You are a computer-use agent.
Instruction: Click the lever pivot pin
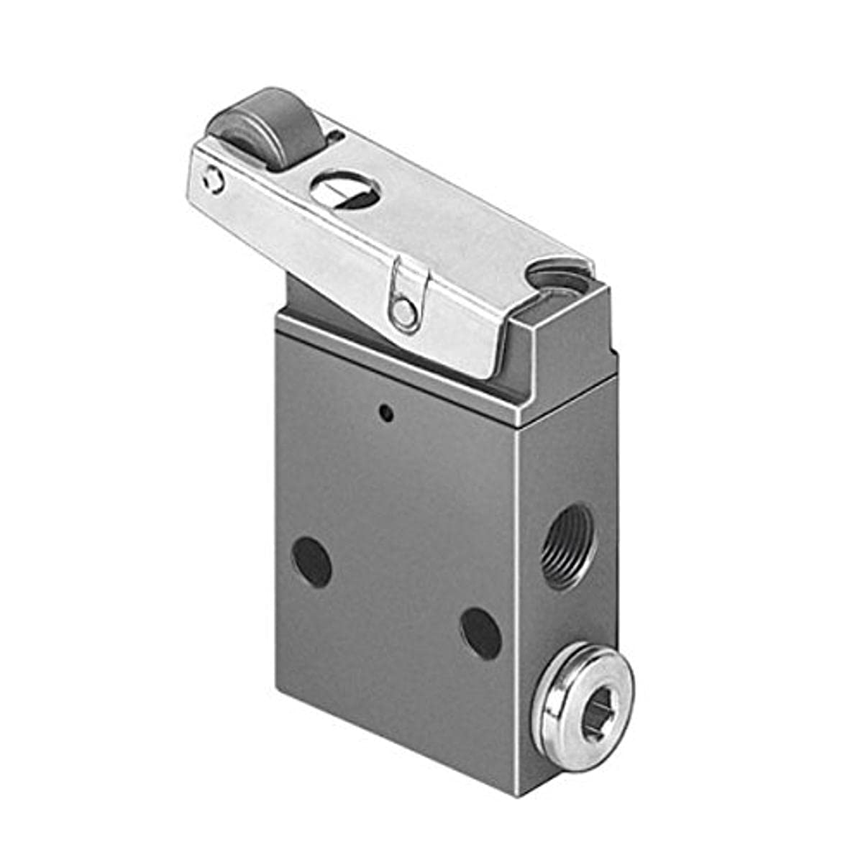403,311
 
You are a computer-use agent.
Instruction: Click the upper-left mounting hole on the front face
312,562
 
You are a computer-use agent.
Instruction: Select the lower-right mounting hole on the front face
480,633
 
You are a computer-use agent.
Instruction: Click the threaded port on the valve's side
568,544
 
